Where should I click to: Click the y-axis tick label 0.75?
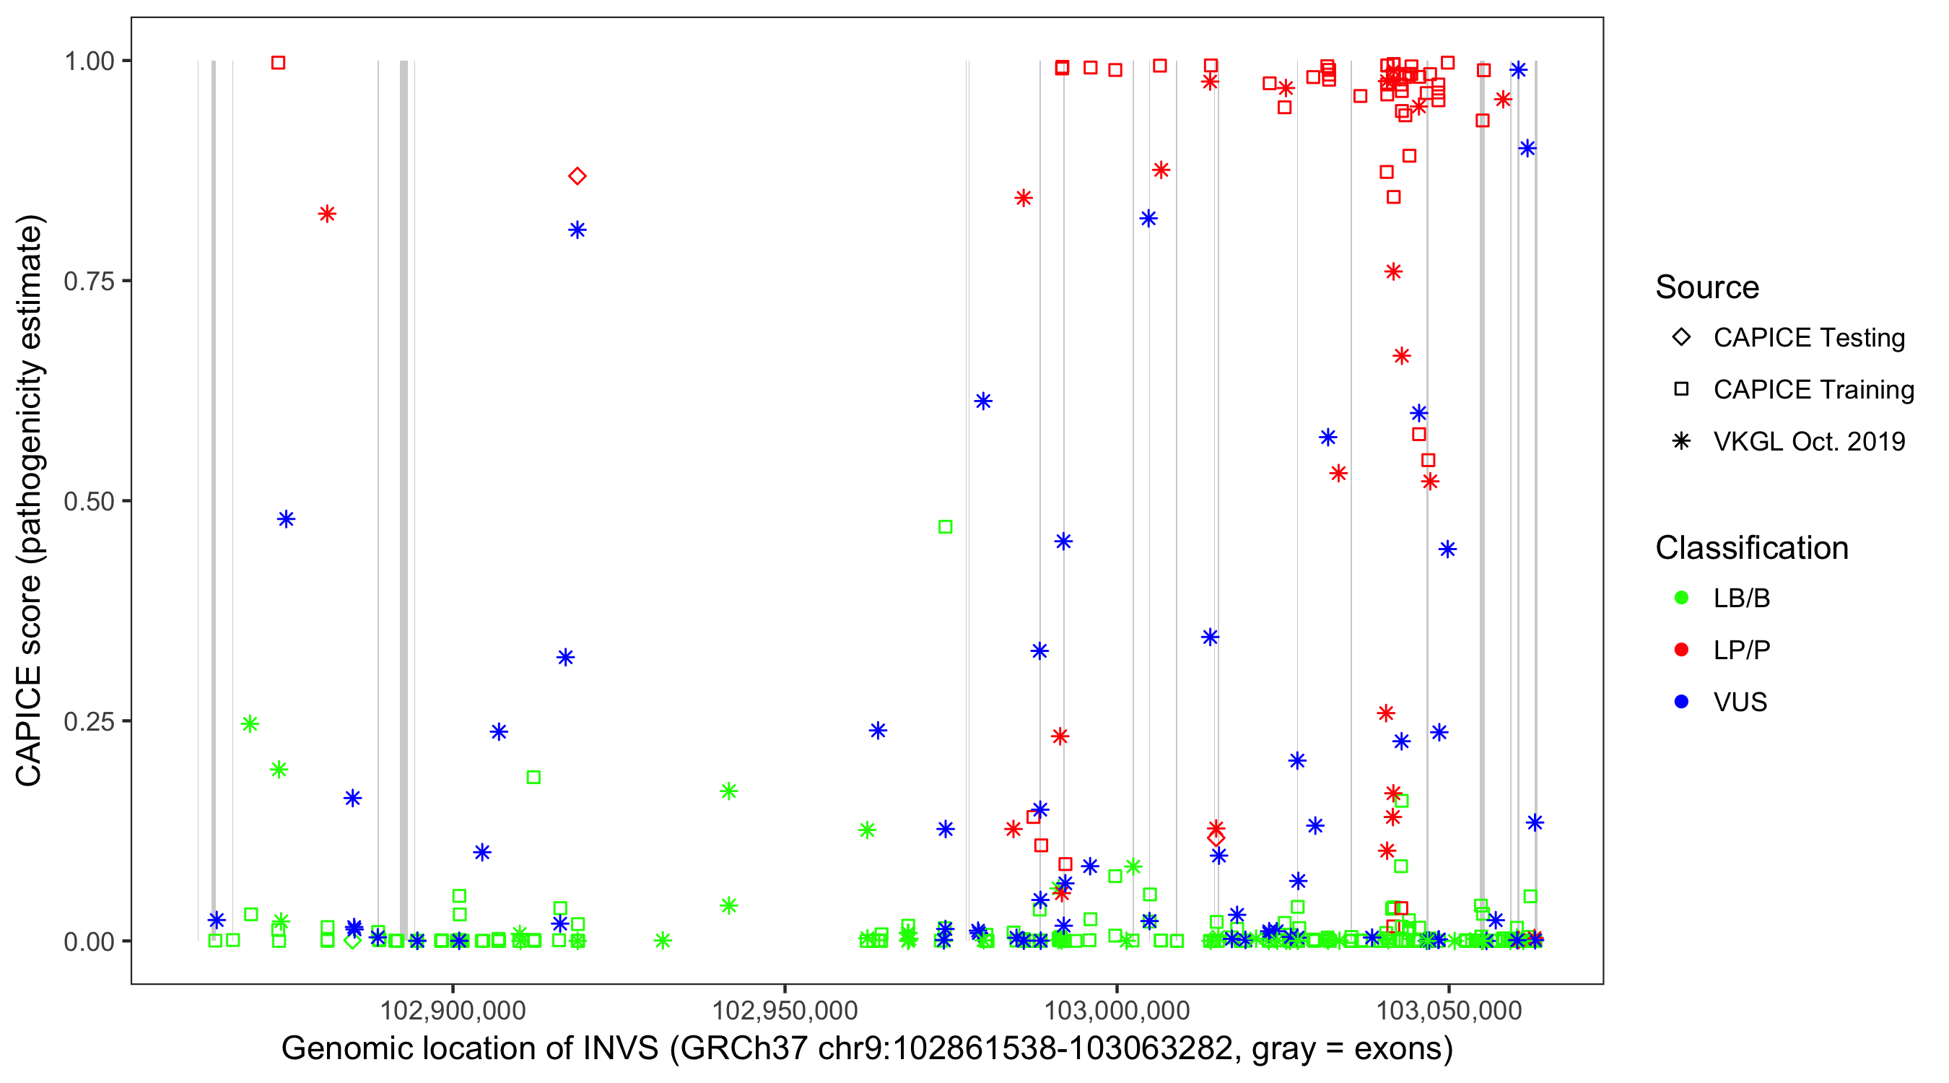[x=88, y=282]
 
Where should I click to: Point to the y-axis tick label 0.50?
[x=88, y=501]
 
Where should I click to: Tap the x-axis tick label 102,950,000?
[x=785, y=1010]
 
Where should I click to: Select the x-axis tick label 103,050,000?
[x=1448, y=1010]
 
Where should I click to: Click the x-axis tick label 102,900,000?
[x=453, y=1010]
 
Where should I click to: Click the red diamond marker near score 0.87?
[x=577, y=176]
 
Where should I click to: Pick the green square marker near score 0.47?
[x=945, y=527]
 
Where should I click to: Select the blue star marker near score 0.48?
[x=286, y=519]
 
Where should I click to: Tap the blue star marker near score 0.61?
[x=983, y=401]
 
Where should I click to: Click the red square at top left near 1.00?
[x=279, y=63]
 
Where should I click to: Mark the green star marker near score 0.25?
[x=250, y=724]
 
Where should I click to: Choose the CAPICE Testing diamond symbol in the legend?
[x=1681, y=338]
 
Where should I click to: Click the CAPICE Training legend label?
[x=1813, y=390]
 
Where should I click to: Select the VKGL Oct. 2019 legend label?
[x=1809, y=441]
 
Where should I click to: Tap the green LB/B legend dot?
[x=1681, y=598]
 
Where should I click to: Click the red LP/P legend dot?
[x=1681, y=650]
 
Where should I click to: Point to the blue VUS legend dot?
[x=1681, y=703]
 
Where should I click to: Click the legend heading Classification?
[x=1751, y=548]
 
